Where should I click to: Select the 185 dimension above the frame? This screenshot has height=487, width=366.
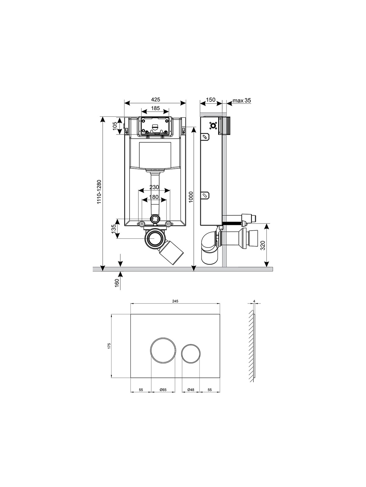point(155,108)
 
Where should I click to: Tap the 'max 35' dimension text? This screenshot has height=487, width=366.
point(242,100)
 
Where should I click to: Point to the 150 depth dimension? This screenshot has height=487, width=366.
point(211,100)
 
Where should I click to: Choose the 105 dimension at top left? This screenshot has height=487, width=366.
point(115,126)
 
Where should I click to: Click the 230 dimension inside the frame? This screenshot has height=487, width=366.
point(154,187)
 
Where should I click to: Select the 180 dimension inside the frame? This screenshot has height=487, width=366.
point(154,197)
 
